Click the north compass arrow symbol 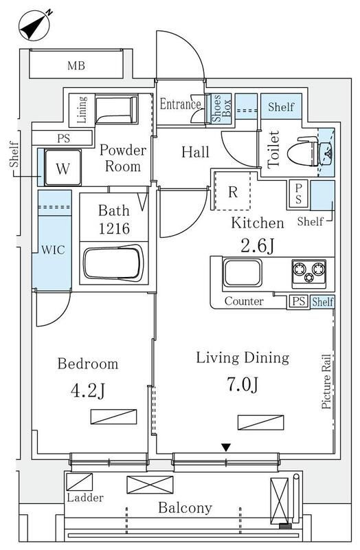(x=35, y=26)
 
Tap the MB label (x=76, y=65)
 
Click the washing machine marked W (x=63, y=167)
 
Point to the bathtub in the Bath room (x=113, y=263)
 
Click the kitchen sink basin (x=243, y=273)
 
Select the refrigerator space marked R (x=232, y=191)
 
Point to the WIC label (x=54, y=250)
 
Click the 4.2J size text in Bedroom (x=88, y=390)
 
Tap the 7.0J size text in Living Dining (x=243, y=385)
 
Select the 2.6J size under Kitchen (x=257, y=246)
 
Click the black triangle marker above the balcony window (x=227, y=448)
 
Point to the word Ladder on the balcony (x=85, y=497)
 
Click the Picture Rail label (x=326, y=382)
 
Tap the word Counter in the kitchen (x=244, y=301)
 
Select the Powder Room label (x=123, y=158)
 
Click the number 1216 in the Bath (x=114, y=229)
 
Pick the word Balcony (x=185, y=508)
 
